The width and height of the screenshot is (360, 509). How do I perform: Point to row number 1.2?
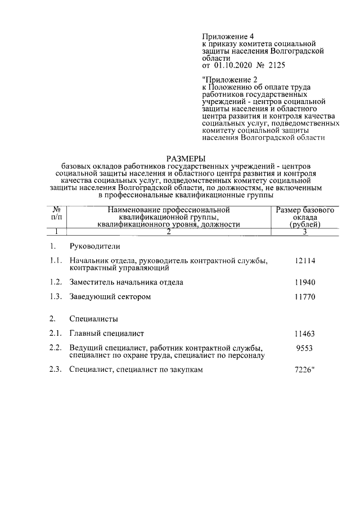pyautogui.click(x=55, y=282)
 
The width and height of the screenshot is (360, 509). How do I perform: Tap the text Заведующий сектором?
pyautogui.click(x=110, y=296)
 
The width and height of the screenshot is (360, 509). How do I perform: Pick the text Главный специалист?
pyautogui.click(x=107, y=334)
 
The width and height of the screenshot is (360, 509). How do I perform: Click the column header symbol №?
pyautogui.click(x=56, y=210)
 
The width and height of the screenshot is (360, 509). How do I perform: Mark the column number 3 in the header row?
pyautogui.click(x=304, y=231)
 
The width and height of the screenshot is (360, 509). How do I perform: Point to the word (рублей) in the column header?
pyautogui.click(x=304, y=224)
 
